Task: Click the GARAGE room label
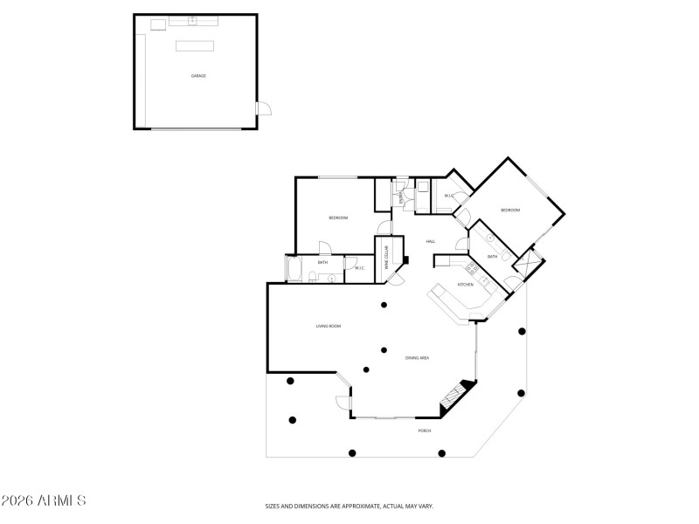point(198,76)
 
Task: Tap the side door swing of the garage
point(263,109)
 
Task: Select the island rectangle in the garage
point(195,45)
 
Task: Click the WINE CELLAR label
point(387,259)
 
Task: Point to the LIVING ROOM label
point(329,326)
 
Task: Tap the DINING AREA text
point(417,358)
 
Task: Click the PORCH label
point(425,431)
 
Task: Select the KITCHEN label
point(466,285)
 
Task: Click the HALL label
point(431,242)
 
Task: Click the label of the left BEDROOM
point(338,217)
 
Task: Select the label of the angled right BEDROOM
point(510,210)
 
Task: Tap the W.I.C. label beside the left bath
point(360,268)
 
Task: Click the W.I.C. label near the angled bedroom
point(448,196)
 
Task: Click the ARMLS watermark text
point(43,501)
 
